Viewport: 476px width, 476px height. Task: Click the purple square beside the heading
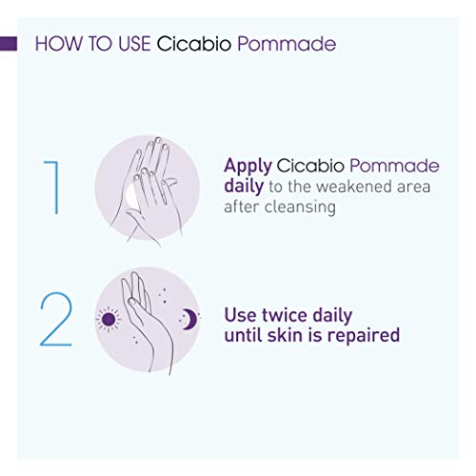tap(9, 44)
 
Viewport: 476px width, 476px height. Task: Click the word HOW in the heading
tap(58, 44)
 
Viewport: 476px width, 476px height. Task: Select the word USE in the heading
tap(134, 44)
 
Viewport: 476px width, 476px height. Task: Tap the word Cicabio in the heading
tap(193, 44)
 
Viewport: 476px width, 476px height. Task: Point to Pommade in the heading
tap(287, 44)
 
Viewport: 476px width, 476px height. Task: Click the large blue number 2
tap(56, 319)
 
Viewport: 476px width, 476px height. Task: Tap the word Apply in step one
tap(248, 167)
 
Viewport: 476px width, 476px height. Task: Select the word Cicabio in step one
tap(310, 166)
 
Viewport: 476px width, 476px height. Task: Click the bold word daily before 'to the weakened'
tap(244, 187)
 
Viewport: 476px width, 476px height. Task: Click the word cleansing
tap(300, 208)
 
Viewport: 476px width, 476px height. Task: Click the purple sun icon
tap(109, 319)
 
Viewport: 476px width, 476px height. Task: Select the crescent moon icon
tap(189, 319)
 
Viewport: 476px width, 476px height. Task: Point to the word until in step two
tap(244, 335)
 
